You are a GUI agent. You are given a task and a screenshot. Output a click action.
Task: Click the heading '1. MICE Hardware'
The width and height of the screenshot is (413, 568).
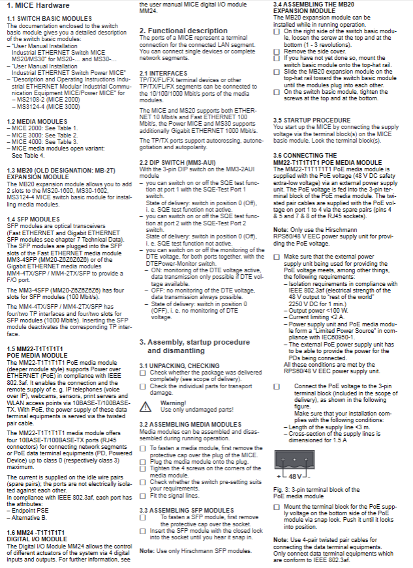40,5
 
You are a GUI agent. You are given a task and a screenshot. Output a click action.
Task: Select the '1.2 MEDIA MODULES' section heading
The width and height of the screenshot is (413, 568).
37,121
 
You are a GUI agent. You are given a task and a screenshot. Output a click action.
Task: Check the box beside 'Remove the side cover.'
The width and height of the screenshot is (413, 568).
277,50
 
